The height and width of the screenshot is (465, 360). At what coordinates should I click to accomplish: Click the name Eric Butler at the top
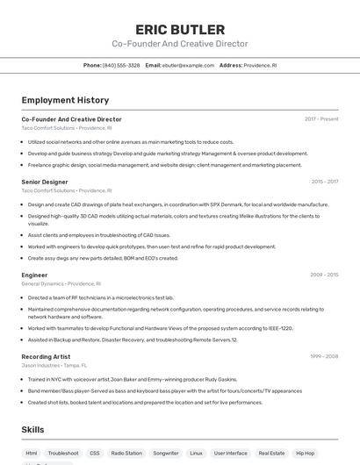tap(179, 30)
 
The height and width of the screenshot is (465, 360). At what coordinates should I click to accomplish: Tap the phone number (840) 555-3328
tap(121, 65)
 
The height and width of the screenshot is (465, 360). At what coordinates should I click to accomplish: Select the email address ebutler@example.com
tap(188, 65)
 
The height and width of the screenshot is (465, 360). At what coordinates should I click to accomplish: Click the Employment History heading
tap(65, 100)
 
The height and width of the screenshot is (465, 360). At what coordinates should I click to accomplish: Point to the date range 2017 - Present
tap(321, 119)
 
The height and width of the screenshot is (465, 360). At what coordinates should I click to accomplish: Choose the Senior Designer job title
tap(45, 182)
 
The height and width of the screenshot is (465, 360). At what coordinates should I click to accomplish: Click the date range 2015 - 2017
tap(324, 182)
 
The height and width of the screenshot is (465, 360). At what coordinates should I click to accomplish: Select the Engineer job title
tap(34, 275)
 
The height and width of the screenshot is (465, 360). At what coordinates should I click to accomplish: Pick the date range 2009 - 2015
tap(324, 275)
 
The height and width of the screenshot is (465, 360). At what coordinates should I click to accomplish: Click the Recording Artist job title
tap(46, 356)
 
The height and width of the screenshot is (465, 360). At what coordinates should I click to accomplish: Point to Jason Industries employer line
tap(54, 365)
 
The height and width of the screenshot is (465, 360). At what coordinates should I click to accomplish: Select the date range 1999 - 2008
tap(324, 356)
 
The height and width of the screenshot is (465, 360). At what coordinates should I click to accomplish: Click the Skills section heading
tap(32, 430)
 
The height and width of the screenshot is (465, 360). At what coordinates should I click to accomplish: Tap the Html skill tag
tap(32, 454)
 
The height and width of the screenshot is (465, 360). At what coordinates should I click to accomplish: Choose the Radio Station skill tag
tap(126, 454)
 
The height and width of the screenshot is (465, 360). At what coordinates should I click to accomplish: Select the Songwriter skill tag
tap(165, 454)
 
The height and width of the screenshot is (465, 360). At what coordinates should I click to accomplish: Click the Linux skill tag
tap(196, 454)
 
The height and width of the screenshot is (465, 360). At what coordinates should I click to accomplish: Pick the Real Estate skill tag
tap(271, 454)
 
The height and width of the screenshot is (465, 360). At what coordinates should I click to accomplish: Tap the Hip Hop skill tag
tap(305, 454)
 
